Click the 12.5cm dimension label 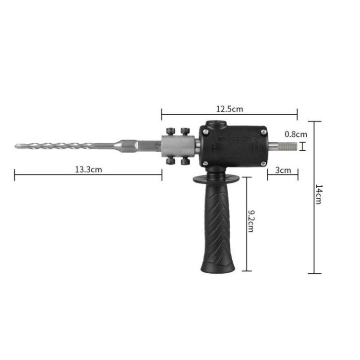click(229, 109)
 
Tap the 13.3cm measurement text click(88, 169)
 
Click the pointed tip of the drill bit click(16, 145)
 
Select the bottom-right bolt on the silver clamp click(185, 162)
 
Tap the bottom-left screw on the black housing click(205, 164)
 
